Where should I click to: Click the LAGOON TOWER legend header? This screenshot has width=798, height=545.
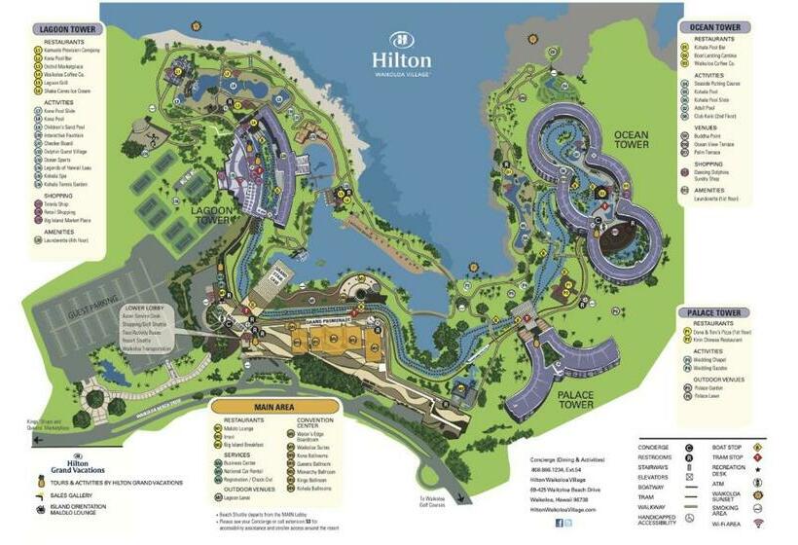[x=66, y=29]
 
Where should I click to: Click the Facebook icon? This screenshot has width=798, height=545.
[x=559, y=523]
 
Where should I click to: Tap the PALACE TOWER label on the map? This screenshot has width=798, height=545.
[x=575, y=399]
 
